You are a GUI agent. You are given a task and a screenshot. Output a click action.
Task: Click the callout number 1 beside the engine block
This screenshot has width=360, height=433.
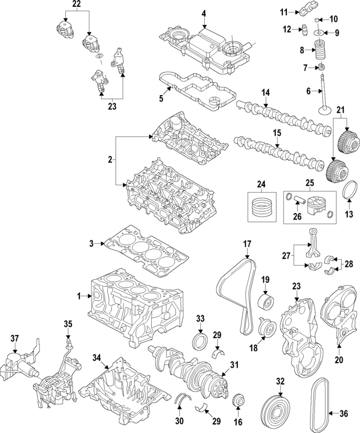point(80,295)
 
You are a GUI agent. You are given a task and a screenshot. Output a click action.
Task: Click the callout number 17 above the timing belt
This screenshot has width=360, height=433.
point(246,244)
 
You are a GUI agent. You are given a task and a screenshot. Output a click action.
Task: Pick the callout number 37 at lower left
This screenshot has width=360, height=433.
point(15,338)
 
